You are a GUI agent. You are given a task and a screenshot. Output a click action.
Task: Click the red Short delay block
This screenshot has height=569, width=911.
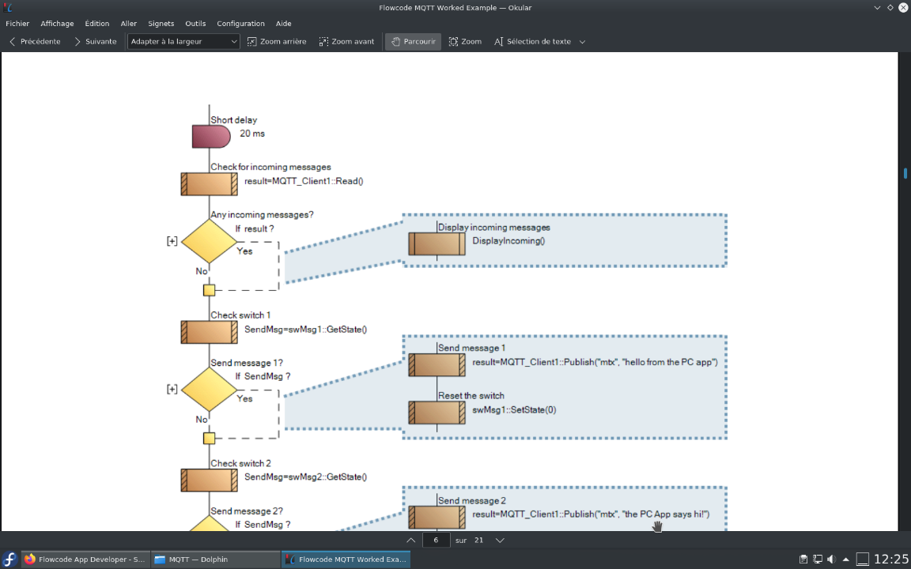coord(210,136)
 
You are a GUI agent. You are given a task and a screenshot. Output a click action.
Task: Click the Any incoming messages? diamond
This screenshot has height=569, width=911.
coord(209,241)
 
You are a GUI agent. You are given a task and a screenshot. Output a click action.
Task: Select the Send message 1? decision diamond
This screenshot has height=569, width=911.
coord(209,389)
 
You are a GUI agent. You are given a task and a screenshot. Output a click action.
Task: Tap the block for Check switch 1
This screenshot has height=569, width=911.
coord(209,332)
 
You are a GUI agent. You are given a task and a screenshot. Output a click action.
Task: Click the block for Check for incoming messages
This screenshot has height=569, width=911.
coord(209,183)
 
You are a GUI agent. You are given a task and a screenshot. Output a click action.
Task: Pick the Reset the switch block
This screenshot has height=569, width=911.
coord(437,413)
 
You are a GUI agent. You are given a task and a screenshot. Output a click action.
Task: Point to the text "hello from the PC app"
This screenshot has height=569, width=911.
coord(669,362)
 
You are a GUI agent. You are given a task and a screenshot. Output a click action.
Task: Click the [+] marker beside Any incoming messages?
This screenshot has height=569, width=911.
coord(172,241)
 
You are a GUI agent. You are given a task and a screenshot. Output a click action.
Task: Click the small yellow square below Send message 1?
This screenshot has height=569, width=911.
coord(209,438)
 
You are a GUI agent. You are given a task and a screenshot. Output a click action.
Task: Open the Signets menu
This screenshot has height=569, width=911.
coord(161,24)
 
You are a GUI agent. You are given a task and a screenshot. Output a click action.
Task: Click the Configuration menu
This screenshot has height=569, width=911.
coord(240,24)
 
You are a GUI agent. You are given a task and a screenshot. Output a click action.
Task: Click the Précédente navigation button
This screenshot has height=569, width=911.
coord(35,41)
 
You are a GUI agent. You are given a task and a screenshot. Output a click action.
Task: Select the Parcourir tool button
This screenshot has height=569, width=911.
coord(412,41)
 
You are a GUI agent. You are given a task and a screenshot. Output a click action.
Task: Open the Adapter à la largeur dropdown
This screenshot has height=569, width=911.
coord(183,41)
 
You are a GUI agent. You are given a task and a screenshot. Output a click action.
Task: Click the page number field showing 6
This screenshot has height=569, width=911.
coord(436,540)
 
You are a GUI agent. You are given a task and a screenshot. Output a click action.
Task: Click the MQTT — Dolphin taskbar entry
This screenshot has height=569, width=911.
coord(214,559)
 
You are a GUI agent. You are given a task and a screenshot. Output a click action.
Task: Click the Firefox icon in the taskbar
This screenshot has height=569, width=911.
coord(30,559)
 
